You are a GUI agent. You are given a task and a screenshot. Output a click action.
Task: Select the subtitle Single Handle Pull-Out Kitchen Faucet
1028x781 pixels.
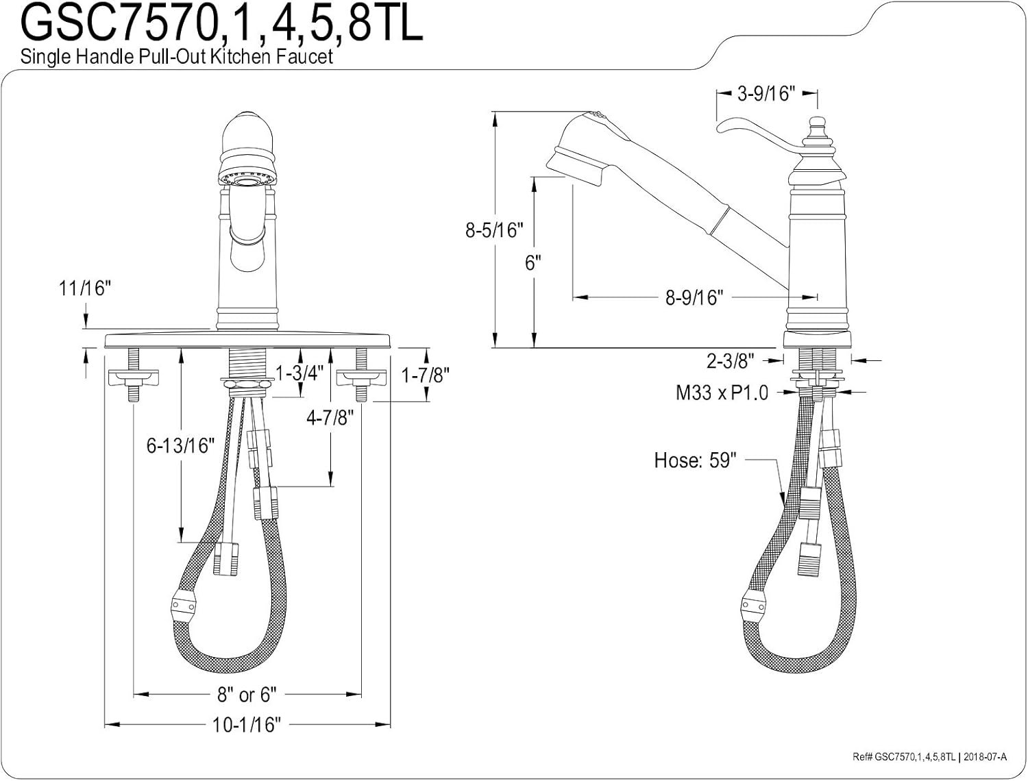point(177,57)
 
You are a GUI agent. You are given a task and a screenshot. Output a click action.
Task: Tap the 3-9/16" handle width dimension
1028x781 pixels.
point(766,94)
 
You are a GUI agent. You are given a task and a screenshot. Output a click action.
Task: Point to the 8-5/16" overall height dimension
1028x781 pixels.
point(494,230)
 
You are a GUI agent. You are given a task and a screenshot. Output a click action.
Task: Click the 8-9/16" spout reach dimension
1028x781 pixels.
point(694,297)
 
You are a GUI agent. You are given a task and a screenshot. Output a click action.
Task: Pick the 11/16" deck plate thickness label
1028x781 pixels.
point(85,288)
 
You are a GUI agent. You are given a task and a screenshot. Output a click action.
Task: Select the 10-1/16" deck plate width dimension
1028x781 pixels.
point(247,724)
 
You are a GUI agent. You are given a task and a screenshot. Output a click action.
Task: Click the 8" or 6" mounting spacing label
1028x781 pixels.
point(247,695)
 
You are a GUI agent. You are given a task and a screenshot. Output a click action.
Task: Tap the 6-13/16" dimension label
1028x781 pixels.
point(180,445)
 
